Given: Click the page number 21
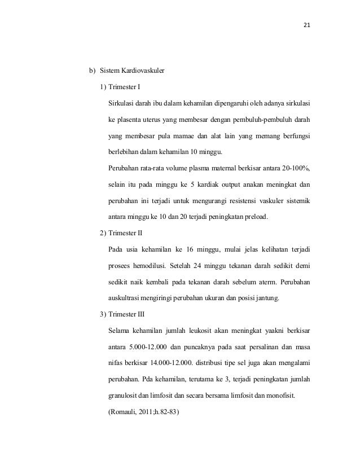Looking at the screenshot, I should [308, 25].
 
